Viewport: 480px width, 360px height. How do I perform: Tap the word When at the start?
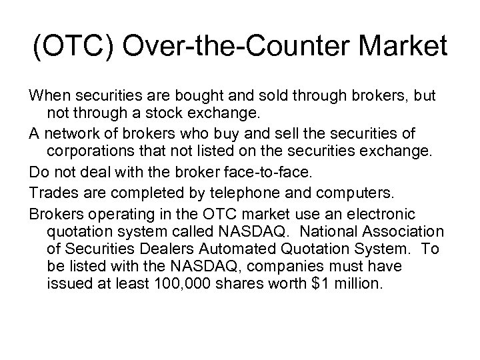point(50,96)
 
